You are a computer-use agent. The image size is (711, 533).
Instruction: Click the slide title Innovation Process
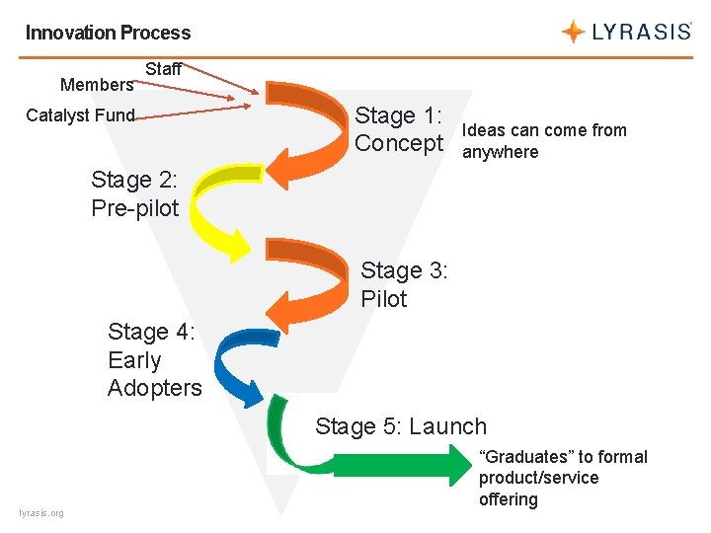click(x=108, y=33)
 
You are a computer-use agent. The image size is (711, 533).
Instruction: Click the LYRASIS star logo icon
click(x=573, y=32)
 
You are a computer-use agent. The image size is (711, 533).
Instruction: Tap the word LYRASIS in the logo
click(x=641, y=32)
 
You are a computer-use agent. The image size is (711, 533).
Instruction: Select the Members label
click(x=97, y=85)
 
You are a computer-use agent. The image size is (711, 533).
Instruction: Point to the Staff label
click(x=164, y=69)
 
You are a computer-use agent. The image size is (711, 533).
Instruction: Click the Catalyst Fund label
click(x=80, y=115)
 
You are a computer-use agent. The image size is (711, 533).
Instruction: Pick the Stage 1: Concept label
click(x=399, y=129)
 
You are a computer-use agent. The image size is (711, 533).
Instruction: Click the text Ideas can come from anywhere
click(x=543, y=141)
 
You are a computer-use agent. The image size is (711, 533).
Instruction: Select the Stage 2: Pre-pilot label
click(x=135, y=193)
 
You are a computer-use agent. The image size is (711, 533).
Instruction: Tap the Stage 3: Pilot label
click(x=404, y=284)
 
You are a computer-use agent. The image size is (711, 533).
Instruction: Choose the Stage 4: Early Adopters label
click(x=154, y=360)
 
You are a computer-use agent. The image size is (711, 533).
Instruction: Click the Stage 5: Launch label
click(x=401, y=426)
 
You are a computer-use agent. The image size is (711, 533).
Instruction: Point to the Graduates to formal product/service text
click(x=563, y=478)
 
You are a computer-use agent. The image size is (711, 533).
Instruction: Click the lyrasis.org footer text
click(x=41, y=513)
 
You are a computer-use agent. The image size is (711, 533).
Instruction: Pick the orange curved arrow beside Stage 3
click(x=314, y=276)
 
